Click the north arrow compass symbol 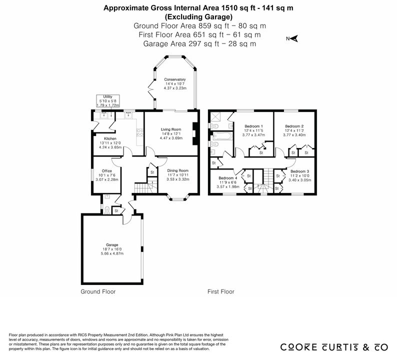(x=292, y=38)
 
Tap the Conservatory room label (x=175, y=79)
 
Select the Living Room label (x=171, y=129)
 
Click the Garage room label (x=112, y=245)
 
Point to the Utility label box (x=108, y=101)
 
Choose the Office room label (x=107, y=171)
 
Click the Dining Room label (x=178, y=170)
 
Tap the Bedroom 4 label (x=228, y=178)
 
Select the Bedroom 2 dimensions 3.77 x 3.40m (x=294, y=135)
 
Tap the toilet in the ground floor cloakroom (x=107, y=210)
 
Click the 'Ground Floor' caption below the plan (x=98, y=291)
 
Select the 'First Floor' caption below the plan (x=221, y=291)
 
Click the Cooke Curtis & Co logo (x=334, y=347)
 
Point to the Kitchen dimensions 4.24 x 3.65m (x=110, y=147)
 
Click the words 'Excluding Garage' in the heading (x=198, y=17)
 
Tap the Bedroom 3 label (x=300, y=171)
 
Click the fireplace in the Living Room (x=194, y=133)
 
